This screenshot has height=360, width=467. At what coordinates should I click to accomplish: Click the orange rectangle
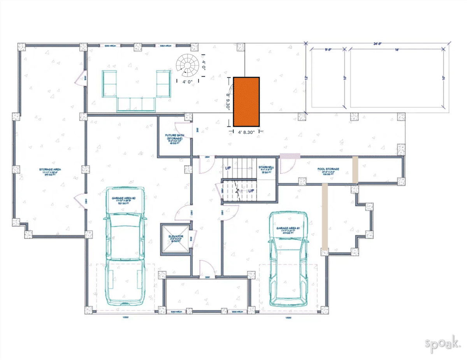[246, 101]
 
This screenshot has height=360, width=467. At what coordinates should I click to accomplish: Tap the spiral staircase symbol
[187, 65]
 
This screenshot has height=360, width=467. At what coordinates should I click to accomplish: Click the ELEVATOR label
[176, 238]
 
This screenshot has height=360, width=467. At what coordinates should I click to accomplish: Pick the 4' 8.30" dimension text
[246, 132]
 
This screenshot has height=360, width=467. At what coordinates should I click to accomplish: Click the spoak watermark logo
[442, 343]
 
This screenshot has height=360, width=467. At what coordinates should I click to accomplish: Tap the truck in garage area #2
[125, 249]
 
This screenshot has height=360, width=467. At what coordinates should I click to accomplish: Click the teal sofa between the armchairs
[136, 104]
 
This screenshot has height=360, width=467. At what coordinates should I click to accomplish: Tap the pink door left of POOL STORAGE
[290, 156]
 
